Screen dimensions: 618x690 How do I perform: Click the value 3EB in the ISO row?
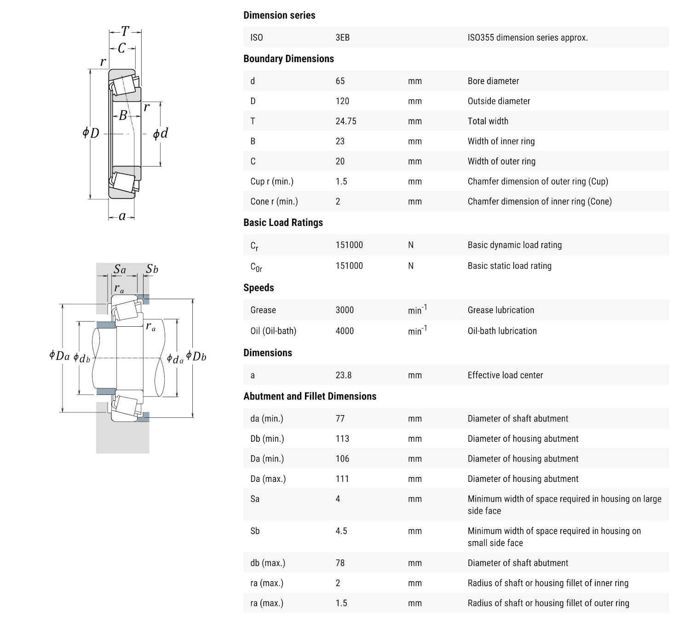342,38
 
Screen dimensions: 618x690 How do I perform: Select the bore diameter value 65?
340,81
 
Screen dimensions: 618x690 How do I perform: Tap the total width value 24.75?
346,121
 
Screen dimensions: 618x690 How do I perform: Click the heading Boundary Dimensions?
288,59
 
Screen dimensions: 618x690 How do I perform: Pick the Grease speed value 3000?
345,310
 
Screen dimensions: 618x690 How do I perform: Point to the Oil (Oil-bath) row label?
273,331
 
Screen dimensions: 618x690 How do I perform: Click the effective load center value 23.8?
343,375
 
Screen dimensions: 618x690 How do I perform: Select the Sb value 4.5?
341,531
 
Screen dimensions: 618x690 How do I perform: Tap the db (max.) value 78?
340,563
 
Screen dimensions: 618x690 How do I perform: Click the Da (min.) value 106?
342,459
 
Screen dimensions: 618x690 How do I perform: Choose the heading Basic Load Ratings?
283,223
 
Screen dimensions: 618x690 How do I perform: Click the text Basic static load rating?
509,266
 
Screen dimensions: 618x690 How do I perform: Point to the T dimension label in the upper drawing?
125,31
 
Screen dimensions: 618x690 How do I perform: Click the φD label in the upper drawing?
91,133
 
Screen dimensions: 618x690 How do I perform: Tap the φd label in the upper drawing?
161,133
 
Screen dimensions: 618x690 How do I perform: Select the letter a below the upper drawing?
122,216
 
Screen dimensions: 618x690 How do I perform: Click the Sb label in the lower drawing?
152,269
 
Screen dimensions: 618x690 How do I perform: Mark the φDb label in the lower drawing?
196,357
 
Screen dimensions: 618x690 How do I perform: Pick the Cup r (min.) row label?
272,181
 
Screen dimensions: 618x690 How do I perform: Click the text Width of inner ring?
501,141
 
